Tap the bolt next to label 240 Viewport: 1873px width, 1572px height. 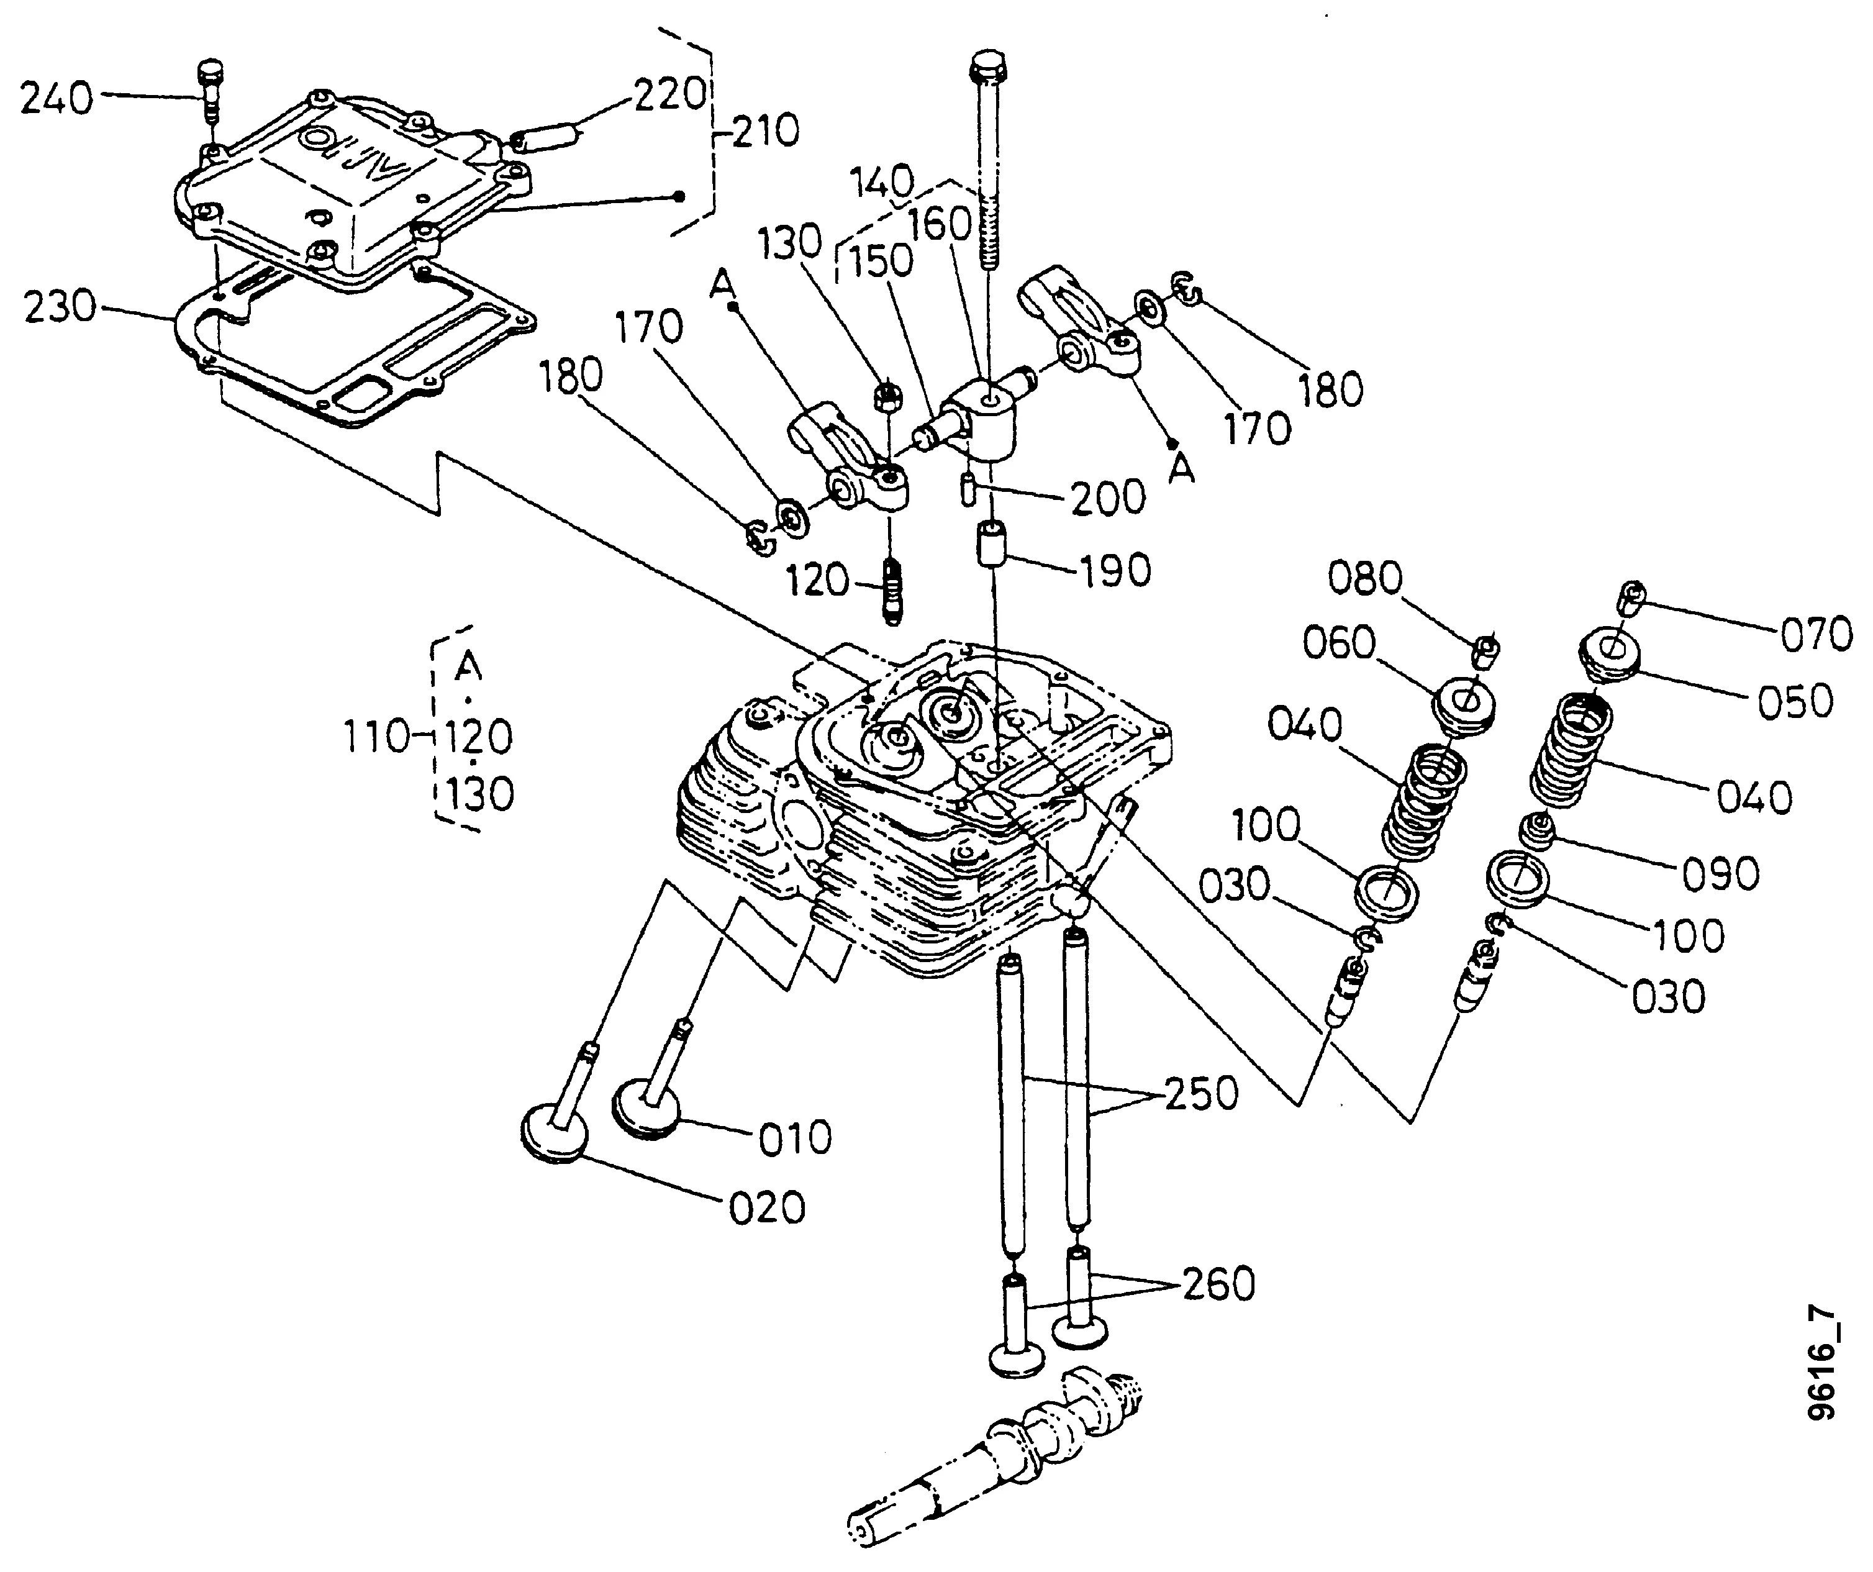coord(211,90)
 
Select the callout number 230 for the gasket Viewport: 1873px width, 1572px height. coord(60,307)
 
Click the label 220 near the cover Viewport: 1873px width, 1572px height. coord(670,94)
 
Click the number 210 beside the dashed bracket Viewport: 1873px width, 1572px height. coord(764,131)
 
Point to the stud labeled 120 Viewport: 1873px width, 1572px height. coord(893,588)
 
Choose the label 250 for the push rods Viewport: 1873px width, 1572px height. coord(1202,1093)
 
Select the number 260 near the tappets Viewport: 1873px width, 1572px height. coord(1218,1284)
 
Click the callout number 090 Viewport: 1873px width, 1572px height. coord(1720,873)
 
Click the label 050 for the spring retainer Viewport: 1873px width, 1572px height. coord(1795,701)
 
